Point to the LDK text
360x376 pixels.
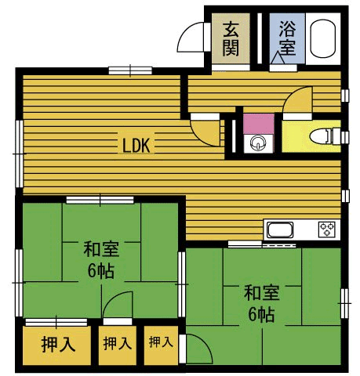coord(140,144)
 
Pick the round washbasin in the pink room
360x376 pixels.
coord(257,143)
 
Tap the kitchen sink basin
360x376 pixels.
coord(281,230)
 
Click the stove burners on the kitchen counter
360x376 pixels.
coord(326,230)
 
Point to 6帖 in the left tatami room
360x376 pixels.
coord(100,273)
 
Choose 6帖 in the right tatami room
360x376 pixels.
coord(260,316)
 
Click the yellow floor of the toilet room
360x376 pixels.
coord(299,141)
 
